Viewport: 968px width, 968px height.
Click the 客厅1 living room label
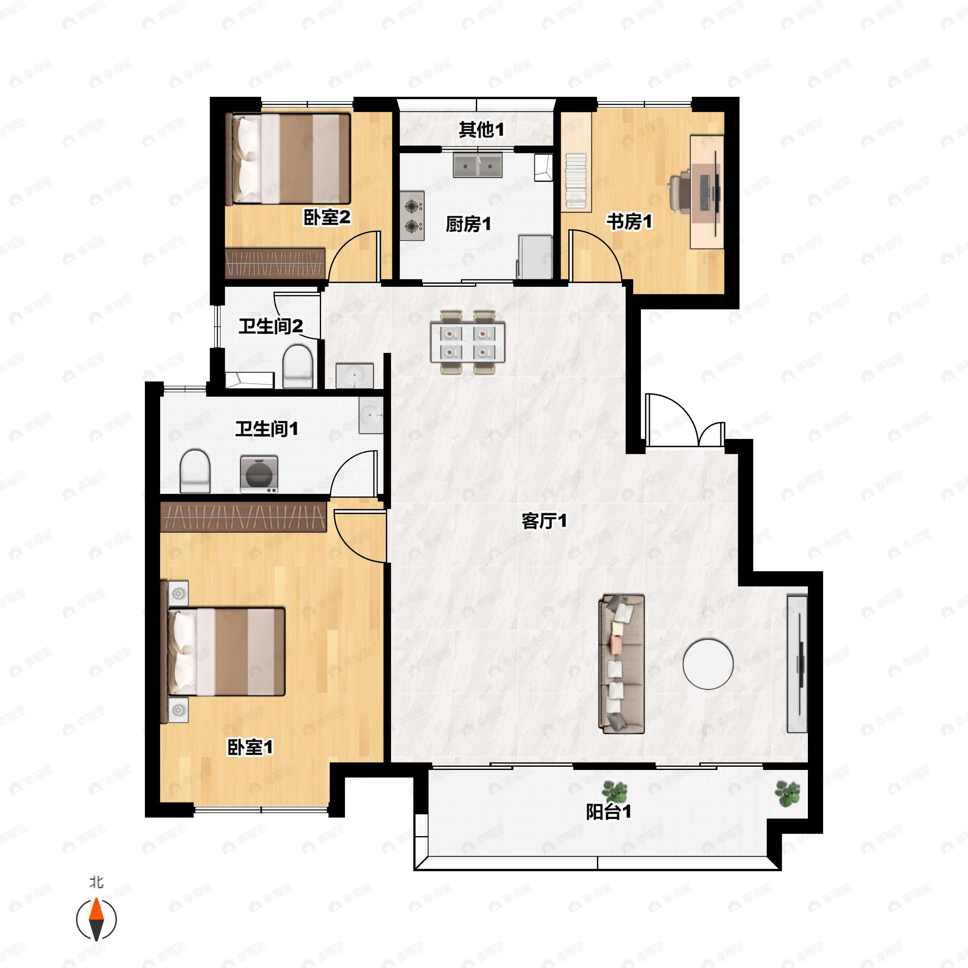[x=544, y=521]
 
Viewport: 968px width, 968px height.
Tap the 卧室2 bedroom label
[x=327, y=217]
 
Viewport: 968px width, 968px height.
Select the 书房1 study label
[x=630, y=221]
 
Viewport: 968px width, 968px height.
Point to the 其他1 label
[x=482, y=130]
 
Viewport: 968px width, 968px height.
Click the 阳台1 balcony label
[x=609, y=812]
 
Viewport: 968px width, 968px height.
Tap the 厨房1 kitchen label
[x=468, y=224]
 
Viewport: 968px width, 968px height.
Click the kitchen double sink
[x=478, y=165]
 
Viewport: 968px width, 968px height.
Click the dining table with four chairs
[x=467, y=342]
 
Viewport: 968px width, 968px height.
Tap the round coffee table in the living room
[x=708, y=664]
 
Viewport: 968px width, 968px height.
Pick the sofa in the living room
[x=621, y=664]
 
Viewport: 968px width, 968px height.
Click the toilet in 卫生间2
[x=298, y=366]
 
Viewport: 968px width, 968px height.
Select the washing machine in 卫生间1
[x=259, y=474]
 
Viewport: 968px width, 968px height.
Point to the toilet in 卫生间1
[x=195, y=471]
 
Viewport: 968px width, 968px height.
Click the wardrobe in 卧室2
[x=275, y=263]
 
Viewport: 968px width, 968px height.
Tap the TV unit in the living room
[x=797, y=664]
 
